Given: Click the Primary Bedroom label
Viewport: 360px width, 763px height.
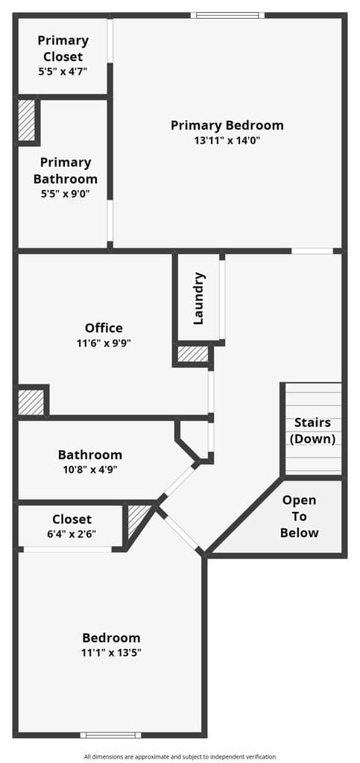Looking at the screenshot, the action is [227, 125].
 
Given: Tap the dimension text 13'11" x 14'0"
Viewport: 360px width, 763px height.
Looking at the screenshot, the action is [227, 141].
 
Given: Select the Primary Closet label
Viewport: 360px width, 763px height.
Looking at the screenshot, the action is [63, 48].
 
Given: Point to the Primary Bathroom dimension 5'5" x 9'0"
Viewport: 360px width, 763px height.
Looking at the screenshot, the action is [65, 194].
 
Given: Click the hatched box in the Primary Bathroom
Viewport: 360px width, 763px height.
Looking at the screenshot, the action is [27, 120].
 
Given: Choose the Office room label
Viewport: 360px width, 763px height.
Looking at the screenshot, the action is [104, 328].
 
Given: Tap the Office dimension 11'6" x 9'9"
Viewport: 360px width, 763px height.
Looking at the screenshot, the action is [104, 343].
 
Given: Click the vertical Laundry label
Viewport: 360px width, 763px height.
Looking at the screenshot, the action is [199, 298].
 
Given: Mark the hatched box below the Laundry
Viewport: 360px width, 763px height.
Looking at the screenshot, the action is [192, 354].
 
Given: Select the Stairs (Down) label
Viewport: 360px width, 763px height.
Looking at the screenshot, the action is [313, 431].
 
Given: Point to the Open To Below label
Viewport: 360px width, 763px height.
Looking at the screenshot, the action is [299, 516].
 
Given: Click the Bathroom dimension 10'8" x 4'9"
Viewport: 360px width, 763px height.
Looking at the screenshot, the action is [90, 470].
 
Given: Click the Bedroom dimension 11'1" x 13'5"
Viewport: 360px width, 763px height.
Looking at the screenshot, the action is [111, 653].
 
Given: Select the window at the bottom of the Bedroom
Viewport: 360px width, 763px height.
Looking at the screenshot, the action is [110, 735].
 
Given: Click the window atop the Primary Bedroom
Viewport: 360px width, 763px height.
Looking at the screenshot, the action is [227, 15].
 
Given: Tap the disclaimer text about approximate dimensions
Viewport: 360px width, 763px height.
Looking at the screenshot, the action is [180, 757].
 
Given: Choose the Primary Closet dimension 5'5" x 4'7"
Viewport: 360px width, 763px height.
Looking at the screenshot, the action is [63, 72].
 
